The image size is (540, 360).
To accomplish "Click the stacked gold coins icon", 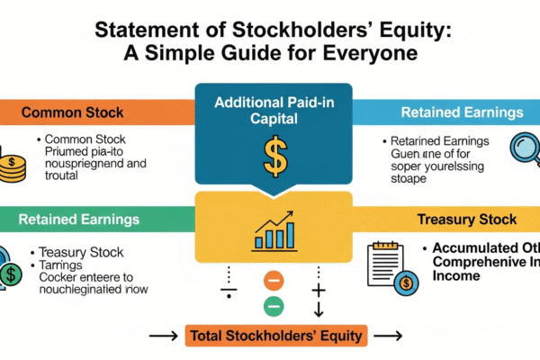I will coord(12,166).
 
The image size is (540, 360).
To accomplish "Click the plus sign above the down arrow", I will coord(318,290).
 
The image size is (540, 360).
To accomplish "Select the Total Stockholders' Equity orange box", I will coord(274,337).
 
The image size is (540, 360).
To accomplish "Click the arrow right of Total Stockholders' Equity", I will coord(387,337).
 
